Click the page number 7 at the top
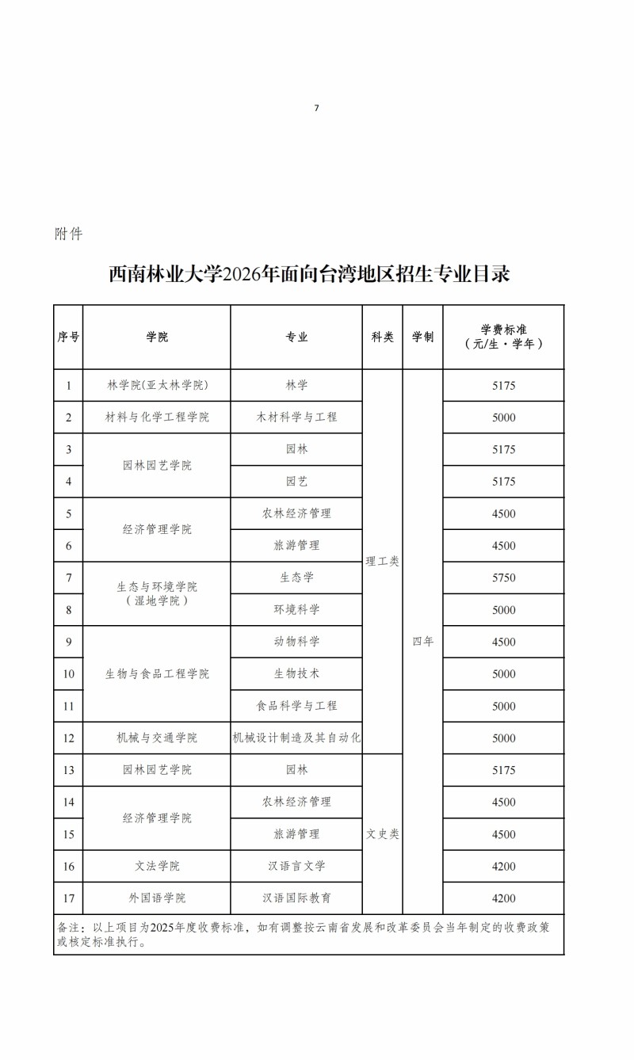pos(316,108)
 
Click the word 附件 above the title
pos(69,234)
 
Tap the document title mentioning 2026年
pos(309,274)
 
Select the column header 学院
pos(157,337)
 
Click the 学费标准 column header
pos(504,337)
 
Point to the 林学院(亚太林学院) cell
pos(157,386)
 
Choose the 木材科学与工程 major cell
pos(296,418)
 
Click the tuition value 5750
pos(504,578)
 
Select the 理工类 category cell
pos(382,562)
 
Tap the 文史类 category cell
pos(382,834)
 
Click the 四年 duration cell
pos(422,642)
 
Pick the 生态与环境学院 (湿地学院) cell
pos(157,593)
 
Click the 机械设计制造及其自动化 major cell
pos(296,738)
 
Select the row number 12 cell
pos(69,738)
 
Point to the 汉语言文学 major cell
pos(296,866)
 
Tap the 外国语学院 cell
pos(157,898)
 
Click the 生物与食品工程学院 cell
pos(157,674)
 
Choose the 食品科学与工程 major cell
pos(296,706)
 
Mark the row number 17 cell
pos(69,898)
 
